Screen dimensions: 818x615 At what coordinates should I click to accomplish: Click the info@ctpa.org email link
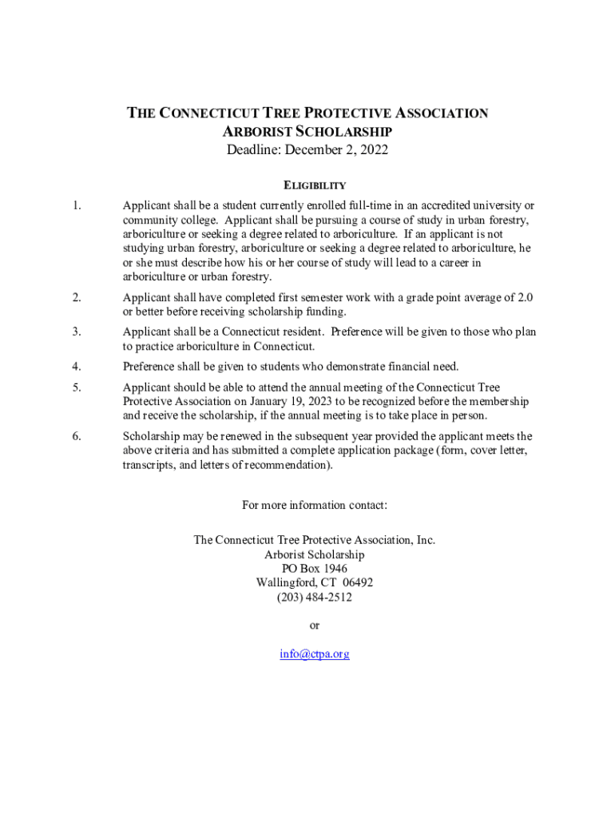(314, 654)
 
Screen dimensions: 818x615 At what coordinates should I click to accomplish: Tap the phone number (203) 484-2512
(314, 597)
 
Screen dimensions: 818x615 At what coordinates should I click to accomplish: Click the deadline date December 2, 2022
(342, 150)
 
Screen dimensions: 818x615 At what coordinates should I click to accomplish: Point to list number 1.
(76, 205)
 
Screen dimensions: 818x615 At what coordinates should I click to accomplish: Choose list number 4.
(76, 367)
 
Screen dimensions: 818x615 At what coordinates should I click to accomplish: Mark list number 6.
(76, 436)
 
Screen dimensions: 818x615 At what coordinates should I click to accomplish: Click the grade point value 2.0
(525, 298)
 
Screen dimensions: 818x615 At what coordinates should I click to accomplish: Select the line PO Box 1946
(314, 568)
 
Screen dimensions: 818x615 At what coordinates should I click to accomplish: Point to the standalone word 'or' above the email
(314, 625)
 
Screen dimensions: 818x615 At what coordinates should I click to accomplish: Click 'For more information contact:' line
(314, 505)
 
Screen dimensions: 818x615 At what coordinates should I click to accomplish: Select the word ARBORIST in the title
(254, 132)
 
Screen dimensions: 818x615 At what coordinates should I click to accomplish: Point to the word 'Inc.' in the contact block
(426, 540)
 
